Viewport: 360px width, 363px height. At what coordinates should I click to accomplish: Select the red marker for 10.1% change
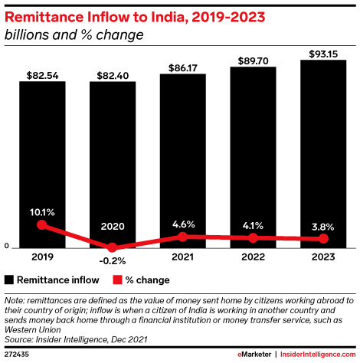tap(42, 225)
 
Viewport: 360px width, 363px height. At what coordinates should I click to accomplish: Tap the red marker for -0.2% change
tap(112, 247)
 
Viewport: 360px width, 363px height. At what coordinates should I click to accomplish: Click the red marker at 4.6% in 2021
tap(182, 237)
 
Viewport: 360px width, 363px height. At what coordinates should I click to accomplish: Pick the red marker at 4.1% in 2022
tap(252, 238)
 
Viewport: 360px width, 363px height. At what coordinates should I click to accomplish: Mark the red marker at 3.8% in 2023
tap(322, 239)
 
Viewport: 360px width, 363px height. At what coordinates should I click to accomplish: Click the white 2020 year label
tap(112, 227)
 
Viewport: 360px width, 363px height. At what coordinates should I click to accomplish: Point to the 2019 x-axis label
tap(42, 257)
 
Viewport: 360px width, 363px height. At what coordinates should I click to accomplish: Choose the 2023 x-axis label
tap(322, 257)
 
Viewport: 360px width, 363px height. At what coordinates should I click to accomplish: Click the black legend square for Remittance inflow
tap(9, 279)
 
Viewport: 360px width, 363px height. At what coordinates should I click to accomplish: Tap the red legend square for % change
tap(117, 279)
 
